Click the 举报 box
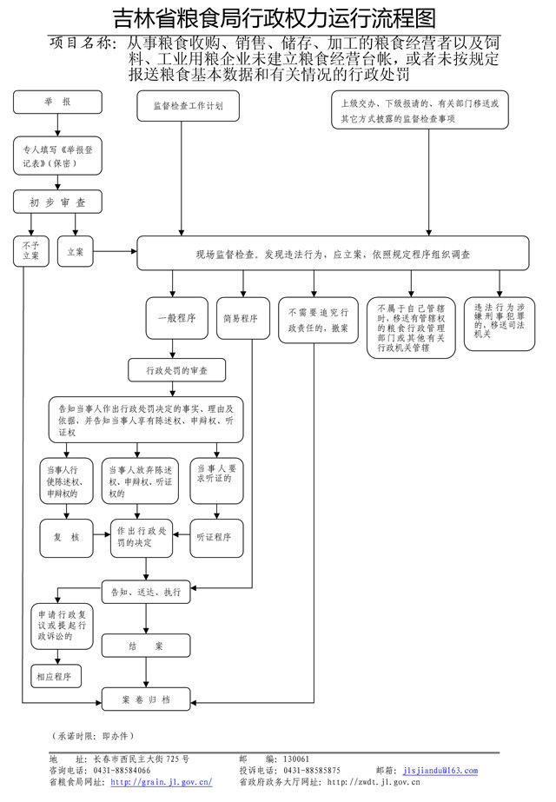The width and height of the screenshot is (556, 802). coord(57,102)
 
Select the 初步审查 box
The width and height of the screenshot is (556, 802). coord(57,202)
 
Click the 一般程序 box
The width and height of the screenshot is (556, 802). coord(176,318)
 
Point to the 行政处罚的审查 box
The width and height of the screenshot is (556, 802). coord(176,370)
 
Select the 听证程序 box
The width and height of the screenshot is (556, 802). coord(215,537)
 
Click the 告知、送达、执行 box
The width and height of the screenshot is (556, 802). coord(146,592)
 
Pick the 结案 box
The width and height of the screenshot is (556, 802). coord(145,646)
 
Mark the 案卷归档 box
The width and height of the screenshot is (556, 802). coord(145,699)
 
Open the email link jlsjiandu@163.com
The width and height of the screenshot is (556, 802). coord(440,770)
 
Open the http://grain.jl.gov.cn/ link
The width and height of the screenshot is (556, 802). coord(162,782)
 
